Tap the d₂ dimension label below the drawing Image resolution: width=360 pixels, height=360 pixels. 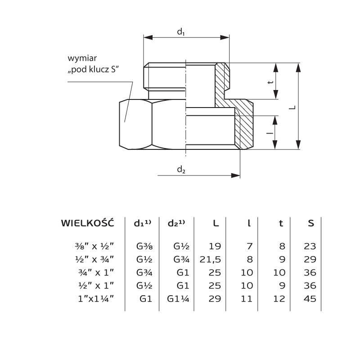pos(181,170)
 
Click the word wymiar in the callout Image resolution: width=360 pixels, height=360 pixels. pos(82,58)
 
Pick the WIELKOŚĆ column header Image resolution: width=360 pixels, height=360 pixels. pos(87,223)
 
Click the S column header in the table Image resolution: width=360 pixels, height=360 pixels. pos(311,223)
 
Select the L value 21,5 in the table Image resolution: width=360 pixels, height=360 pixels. pos(209,259)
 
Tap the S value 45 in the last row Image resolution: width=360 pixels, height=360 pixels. pos(310,298)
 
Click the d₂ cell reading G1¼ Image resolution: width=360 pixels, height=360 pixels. pos(176,298)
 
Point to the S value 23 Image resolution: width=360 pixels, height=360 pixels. pos(310,246)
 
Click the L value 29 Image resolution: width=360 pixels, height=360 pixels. pos(214,298)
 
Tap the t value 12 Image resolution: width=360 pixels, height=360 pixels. pos(279,298)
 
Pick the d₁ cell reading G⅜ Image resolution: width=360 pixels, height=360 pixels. pos(144,246)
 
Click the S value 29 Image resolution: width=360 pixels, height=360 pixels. pos(310,259)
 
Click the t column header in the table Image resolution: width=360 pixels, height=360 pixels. pos(281,223)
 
